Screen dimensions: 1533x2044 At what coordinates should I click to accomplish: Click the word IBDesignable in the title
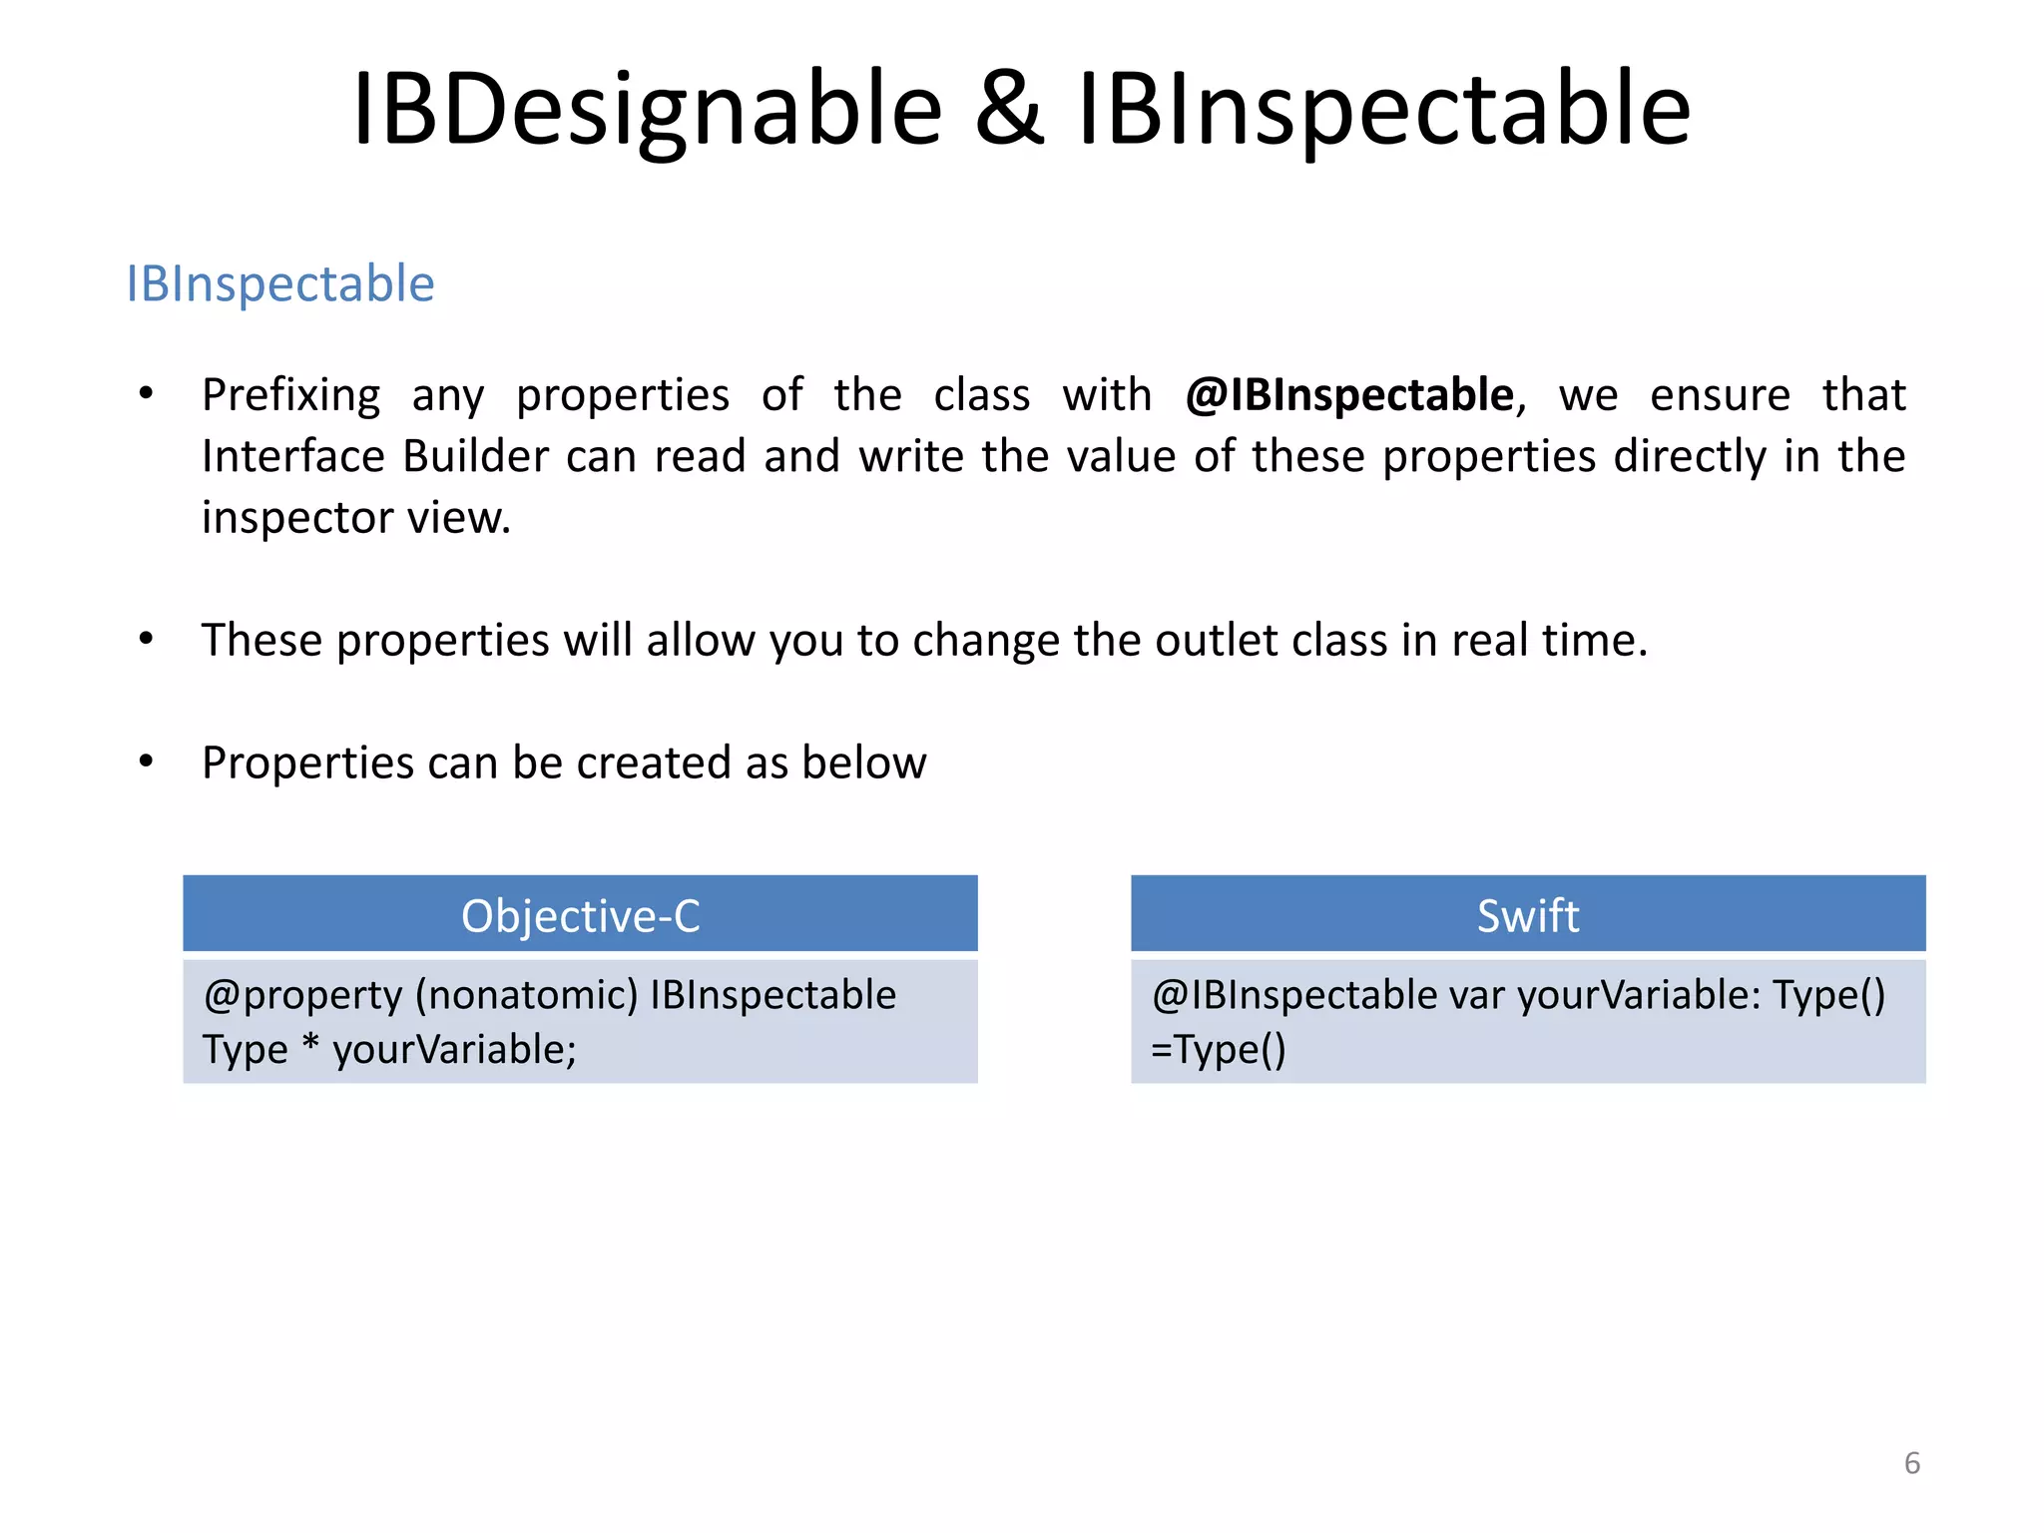pos(647,110)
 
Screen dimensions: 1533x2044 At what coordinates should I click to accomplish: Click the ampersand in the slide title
pos(1009,110)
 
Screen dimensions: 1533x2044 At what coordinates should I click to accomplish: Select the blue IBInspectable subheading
pos(280,284)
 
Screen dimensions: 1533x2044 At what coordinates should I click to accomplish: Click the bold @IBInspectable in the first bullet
pos(1349,395)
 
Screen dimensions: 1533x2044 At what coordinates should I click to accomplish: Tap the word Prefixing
pos(290,395)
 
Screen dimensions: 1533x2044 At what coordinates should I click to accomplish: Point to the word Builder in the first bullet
pos(475,457)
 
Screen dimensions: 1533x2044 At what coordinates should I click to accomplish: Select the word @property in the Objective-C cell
pos(302,996)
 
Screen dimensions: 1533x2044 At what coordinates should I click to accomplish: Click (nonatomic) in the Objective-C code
pos(526,996)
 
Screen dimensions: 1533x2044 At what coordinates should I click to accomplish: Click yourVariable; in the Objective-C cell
pos(454,1050)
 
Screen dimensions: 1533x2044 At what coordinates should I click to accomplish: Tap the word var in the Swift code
pos(1476,996)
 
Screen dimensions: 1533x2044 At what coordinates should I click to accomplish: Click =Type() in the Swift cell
pos(1218,1050)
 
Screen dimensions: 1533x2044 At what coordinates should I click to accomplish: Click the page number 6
pos(1911,1463)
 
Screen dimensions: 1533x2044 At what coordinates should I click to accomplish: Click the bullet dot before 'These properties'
pos(147,639)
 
